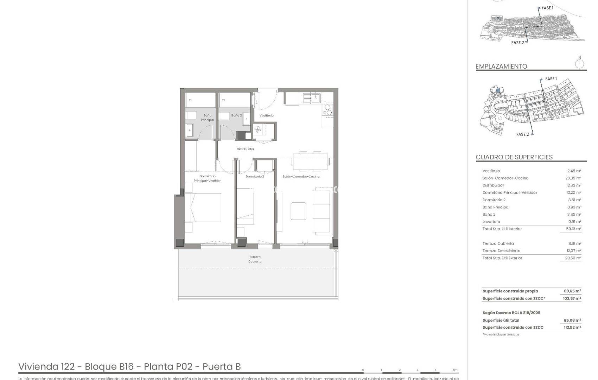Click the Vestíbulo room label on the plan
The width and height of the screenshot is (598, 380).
pos(266,115)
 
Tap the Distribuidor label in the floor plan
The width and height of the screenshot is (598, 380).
pos(245,149)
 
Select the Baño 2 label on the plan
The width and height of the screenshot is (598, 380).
pos(236,115)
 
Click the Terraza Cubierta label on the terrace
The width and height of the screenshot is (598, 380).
pos(255,259)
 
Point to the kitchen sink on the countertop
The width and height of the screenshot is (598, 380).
pos(311,98)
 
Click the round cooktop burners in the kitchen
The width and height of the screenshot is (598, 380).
pos(328,109)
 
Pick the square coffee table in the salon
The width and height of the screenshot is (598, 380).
pos(298,211)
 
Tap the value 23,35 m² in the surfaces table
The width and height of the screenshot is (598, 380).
pos(573,178)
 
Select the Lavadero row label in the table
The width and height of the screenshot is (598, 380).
pos(491,222)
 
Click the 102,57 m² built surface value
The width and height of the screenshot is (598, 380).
pos(572,298)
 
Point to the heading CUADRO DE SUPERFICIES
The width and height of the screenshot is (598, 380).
pos(514,157)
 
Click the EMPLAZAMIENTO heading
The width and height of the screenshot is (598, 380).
pos(501,66)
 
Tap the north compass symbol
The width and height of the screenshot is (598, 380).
pos(579,64)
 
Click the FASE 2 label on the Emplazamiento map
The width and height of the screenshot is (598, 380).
pos(522,134)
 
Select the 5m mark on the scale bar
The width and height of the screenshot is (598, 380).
pos(455,370)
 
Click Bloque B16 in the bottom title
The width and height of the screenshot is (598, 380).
pos(109,367)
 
